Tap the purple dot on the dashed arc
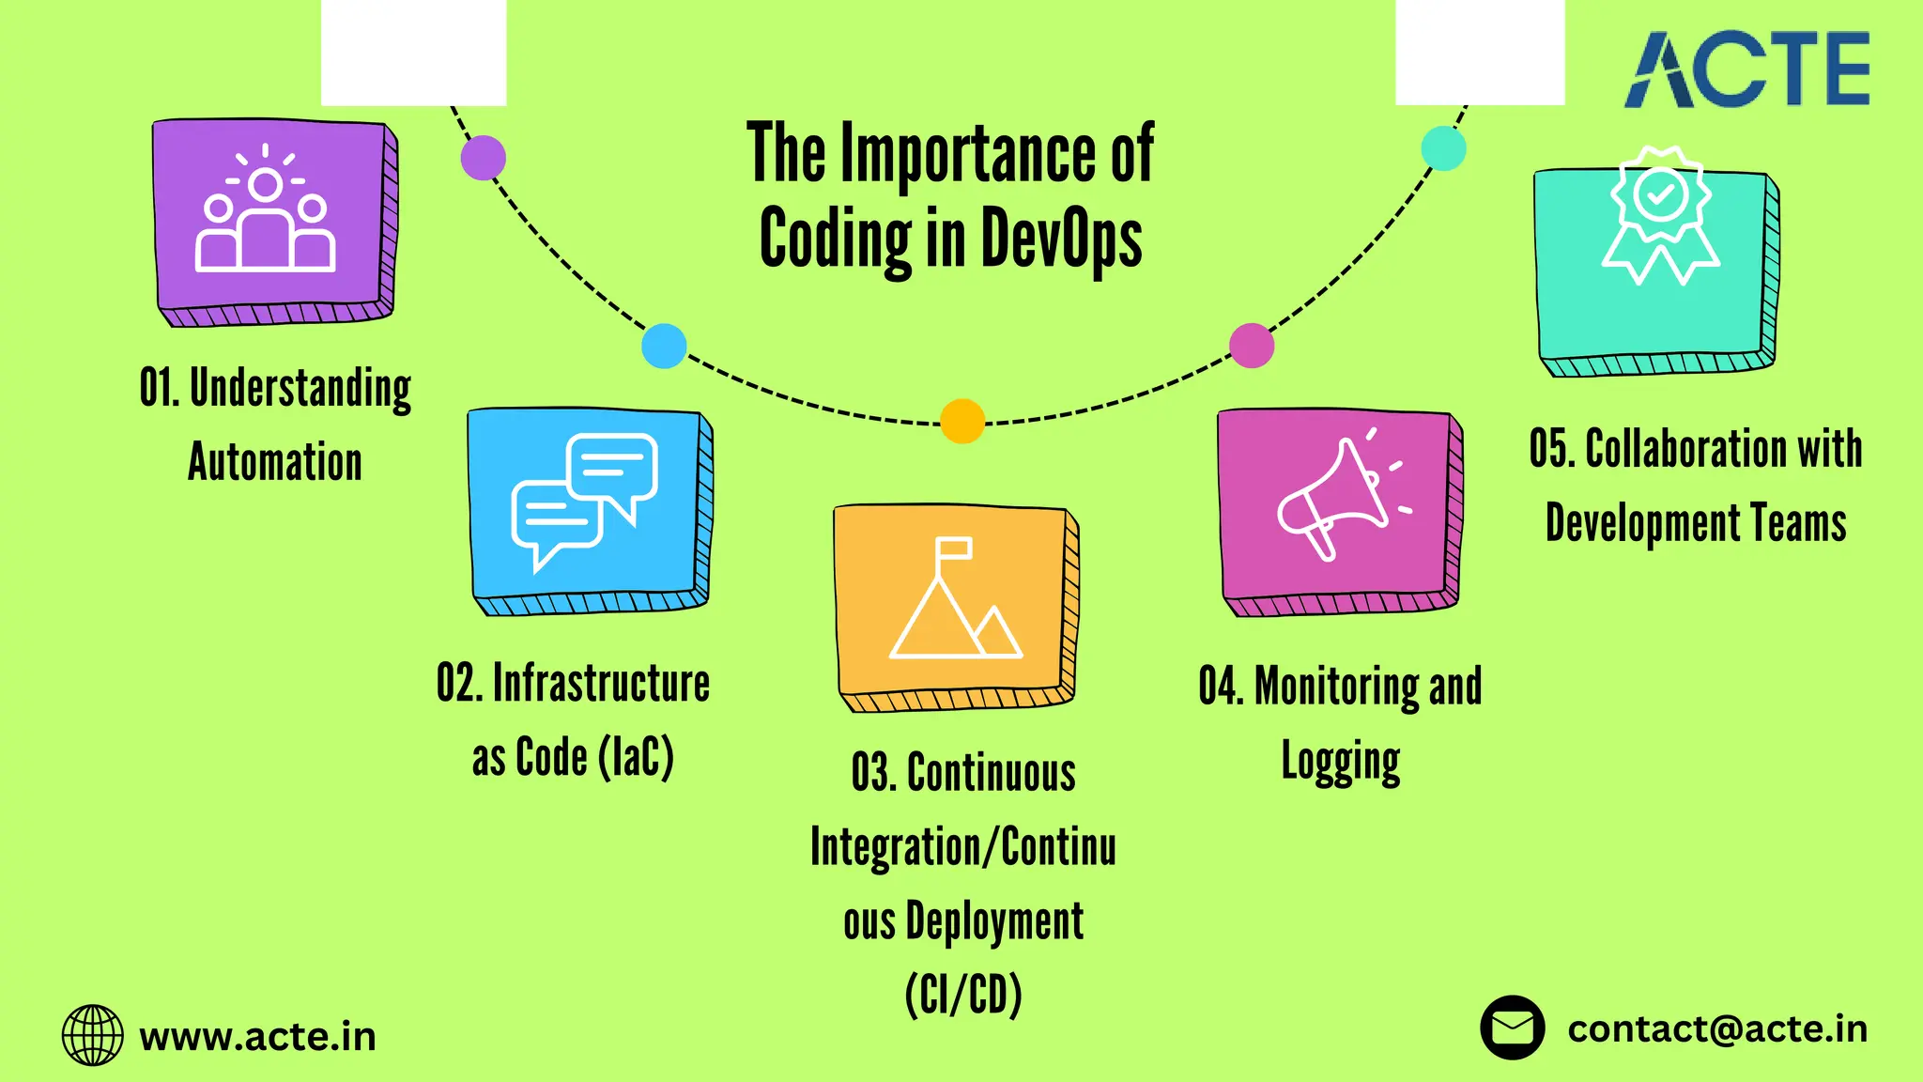pyautogui.click(x=484, y=158)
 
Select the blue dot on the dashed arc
pyautogui.click(x=664, y=346)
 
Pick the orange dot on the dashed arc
pyautogui.click(x=962, y=421)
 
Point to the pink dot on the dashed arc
pyautogui.click(x=1252, y=345)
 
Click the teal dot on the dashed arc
pyautogui.click(x=1443, y=148)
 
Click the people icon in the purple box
pyautogui.click(x=266, y=211)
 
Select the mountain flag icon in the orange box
pyautogui.click(x=955, y=599)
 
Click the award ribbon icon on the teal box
pyautogui.click(x=1660, y=216)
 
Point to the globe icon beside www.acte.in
pyautogui.click(x=92, y=1035)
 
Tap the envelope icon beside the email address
pyautogui.click(x=1512, y=1028)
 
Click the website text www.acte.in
pyautogui.click(x=258, y=1037)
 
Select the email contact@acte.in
pyautogui.click(x=1717, y=1029)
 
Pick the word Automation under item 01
pyautogui.click(x=275, y=462)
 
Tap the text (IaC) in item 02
pyautogui.click(x=636, y=757)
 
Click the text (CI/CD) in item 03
pyautogui.click(x=963, y=995)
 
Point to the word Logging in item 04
pyautogui.click(x=1341, y=762)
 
